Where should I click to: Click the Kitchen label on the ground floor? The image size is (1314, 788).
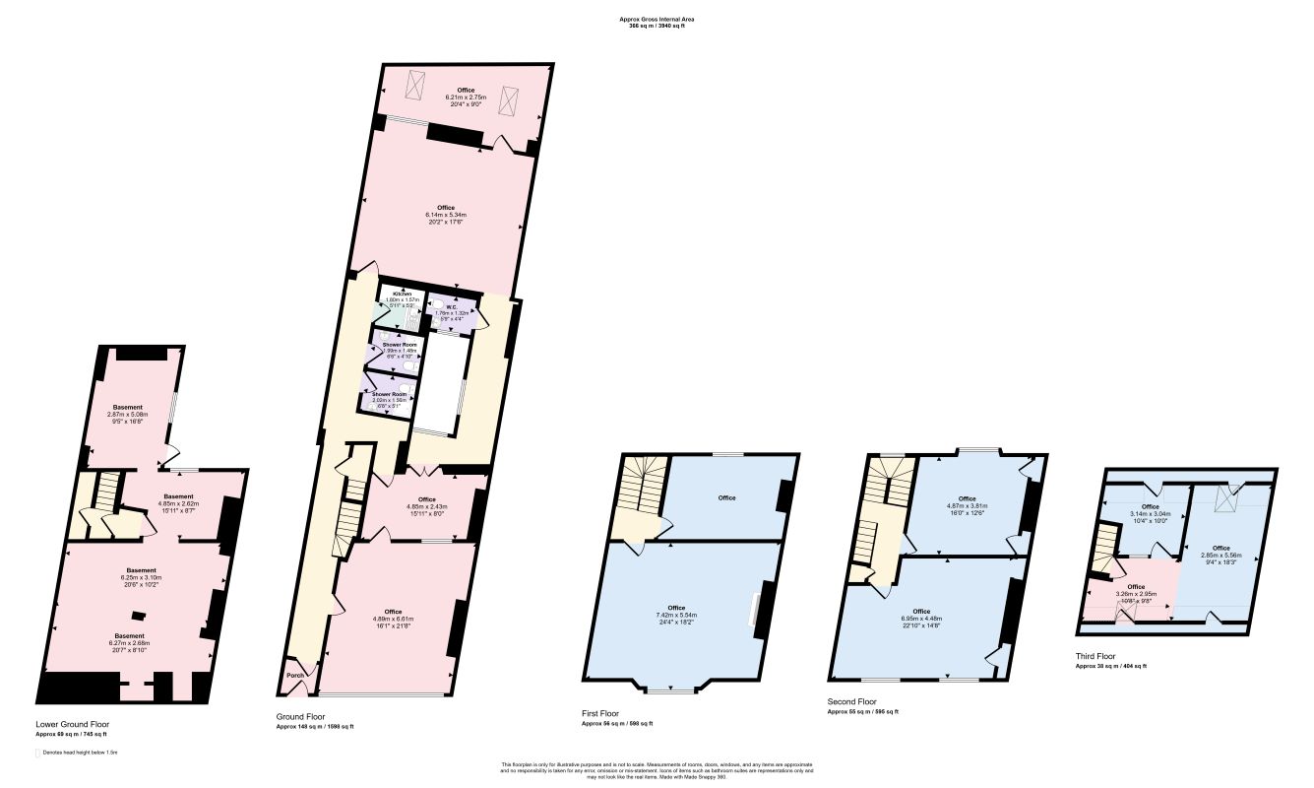[403, 295]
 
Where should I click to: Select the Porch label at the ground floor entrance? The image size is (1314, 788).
[293, 676]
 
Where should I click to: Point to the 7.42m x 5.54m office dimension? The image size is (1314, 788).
[676, 615]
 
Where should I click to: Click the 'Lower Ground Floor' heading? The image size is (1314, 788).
[73, 724]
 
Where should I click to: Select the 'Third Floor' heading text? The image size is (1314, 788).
[1095, 655]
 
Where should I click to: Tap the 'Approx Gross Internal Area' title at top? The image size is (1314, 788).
[657, 19]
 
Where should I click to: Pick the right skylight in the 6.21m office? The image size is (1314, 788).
[509, 100]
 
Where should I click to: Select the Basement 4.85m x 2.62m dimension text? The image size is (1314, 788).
[178, 504]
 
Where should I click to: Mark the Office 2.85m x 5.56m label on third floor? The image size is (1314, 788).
[1220, 556]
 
